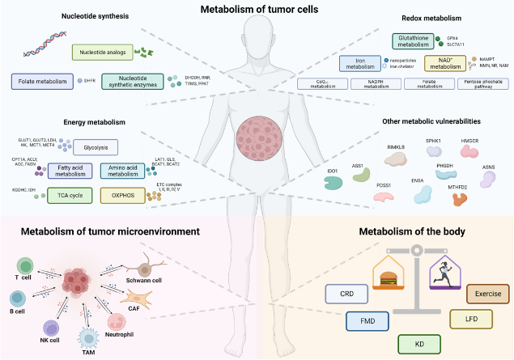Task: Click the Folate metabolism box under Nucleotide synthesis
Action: pos(43,81)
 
